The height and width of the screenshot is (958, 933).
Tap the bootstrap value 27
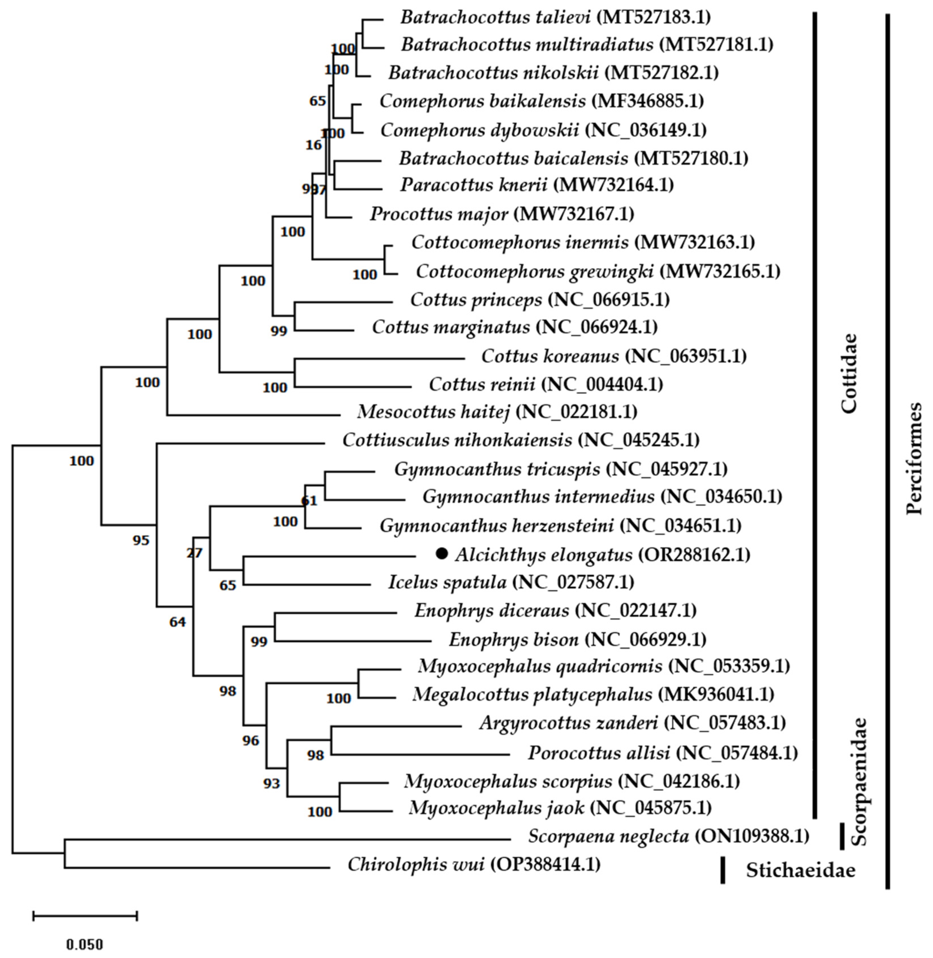click(x=194, y=553)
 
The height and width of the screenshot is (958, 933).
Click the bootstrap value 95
click(x=141, y=540)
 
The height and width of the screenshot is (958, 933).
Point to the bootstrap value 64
click(x=177, y=622)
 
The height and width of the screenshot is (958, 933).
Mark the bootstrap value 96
click(x=251, y=740)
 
